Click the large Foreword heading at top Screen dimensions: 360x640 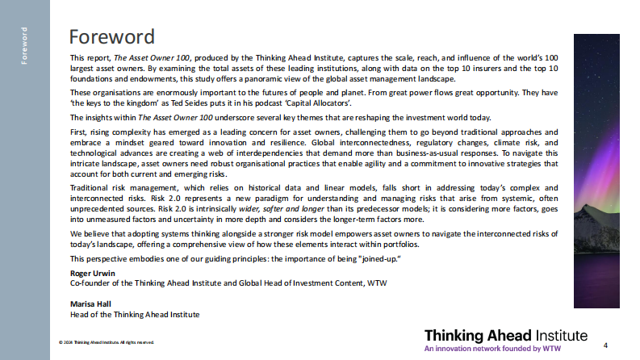point(111,37)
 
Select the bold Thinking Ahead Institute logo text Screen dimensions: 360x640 point(505,335)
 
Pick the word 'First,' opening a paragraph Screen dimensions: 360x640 point(80,132)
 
